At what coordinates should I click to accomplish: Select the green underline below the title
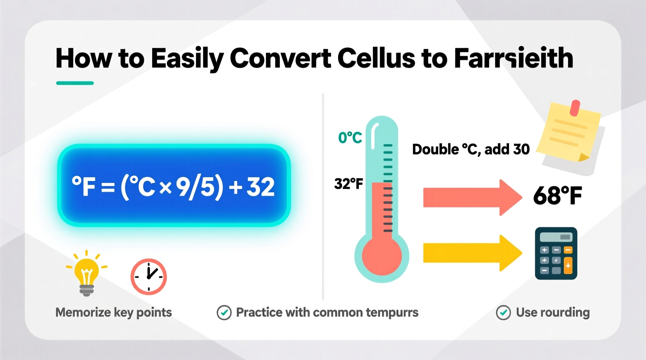click(x=75, y=83)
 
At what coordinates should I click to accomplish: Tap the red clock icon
click(x=149, y=277)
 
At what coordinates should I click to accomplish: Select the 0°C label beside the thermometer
click(x=350, y=138)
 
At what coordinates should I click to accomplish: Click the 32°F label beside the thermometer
click(x=349, y=183)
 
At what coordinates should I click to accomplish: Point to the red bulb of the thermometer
click(x=382, y=256)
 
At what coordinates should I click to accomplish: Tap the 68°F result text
click(x=557, y=196)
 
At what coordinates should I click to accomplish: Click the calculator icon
click(x=556, y=253)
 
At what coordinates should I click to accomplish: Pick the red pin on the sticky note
click(x=575, y=108)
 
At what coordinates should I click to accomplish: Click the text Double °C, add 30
click(x=471, y=149)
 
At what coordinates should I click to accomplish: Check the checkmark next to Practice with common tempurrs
click(x=224, y=313)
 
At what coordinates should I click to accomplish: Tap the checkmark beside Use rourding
click(x=504, y=313)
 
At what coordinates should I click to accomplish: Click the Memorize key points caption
click(x=113, y=312)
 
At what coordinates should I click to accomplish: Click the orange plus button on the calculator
click(x=568, y=266)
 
